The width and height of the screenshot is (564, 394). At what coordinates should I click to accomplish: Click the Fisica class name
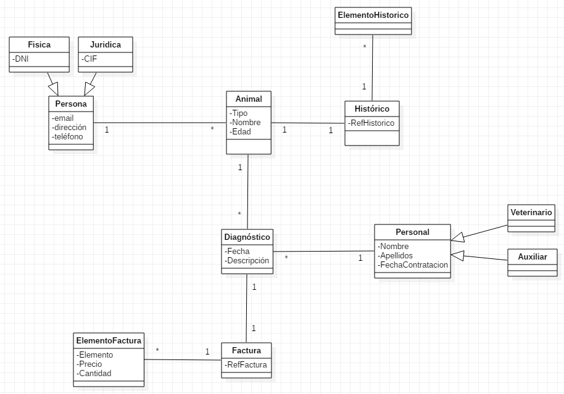39,45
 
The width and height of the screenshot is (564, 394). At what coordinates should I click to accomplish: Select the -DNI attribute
20,59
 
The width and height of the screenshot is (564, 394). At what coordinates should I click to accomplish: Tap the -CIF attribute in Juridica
90,59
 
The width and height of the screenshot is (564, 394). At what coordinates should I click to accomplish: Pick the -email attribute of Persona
64,118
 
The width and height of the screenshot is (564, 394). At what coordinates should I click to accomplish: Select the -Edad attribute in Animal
240,131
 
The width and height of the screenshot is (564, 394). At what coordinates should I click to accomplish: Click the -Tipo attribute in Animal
239,113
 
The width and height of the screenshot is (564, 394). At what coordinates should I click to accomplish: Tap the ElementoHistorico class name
373,14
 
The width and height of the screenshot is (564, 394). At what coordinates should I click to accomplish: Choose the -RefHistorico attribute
371,123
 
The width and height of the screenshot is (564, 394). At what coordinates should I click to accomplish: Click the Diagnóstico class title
247,237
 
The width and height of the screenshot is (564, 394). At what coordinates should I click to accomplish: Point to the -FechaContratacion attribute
413,265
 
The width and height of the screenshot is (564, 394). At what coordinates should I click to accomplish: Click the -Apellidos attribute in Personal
396,255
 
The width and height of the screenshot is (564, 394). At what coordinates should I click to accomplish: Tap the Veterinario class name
531,212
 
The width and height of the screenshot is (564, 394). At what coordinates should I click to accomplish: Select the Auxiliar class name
531,256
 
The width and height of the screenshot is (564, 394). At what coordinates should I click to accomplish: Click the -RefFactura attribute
246,364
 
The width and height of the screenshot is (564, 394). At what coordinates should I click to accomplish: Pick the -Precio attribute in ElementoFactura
89,364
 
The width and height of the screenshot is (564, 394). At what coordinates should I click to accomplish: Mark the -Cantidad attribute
94,373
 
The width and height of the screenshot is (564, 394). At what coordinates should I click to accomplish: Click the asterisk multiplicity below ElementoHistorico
365,47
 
